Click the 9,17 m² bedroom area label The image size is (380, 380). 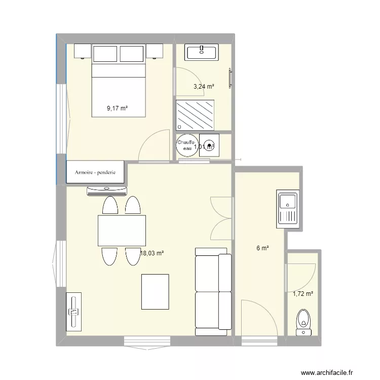click(x=117, y=108)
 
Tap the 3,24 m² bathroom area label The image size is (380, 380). click(x=204, y=87)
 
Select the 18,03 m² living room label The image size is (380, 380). click(x=152, y=253)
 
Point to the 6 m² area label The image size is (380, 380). click(x=262, y=248)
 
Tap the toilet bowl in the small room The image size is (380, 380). click(x=303, y=321)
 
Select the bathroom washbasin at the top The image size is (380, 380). click(x=202, y=52)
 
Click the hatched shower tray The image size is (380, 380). click(x=195, y=116)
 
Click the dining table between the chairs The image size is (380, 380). click(x=122, y=231)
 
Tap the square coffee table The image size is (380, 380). click(x=155, y=291)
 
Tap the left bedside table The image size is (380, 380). click(x=83, y=51)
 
